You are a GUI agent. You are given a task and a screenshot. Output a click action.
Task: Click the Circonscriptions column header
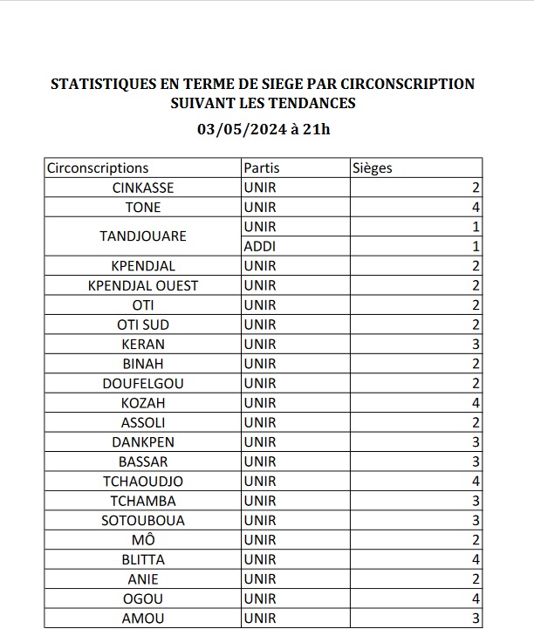[x=98, y=168]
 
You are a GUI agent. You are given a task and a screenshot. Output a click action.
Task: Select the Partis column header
[x=262, y=168]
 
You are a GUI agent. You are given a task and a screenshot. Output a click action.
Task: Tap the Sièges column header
[x=373, y=168]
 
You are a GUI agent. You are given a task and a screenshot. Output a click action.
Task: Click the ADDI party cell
[x=260, y=247]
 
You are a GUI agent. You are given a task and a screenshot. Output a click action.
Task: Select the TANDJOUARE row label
[x=143, y=236]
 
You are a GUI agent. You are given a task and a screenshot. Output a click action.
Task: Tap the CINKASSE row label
[x=143, y=188]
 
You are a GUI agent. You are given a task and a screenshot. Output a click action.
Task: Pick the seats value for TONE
[x=476, y=208]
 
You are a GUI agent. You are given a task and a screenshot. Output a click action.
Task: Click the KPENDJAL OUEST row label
[x=143, y=286]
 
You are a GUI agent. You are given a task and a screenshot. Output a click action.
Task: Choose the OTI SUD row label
[x=143, y=325]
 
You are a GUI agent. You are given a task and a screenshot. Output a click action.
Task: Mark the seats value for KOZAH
[x=476, y=403]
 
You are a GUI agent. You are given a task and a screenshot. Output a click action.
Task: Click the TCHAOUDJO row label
[x=143, y=482]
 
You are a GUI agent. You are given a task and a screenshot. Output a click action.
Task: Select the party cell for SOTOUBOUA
[x=260, y=521]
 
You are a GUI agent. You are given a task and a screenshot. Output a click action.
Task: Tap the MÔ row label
[x=143, y=540]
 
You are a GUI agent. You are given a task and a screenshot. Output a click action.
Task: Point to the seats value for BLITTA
[x=476, y=560]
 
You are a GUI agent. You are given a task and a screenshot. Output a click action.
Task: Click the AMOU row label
[x=143, y=619]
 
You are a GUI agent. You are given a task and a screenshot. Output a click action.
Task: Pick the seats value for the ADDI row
[x=476, y=247]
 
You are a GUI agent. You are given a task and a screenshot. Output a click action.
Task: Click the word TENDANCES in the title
[x=311, y=104]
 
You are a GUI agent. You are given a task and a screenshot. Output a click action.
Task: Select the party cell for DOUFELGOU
[x=260, y=384]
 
